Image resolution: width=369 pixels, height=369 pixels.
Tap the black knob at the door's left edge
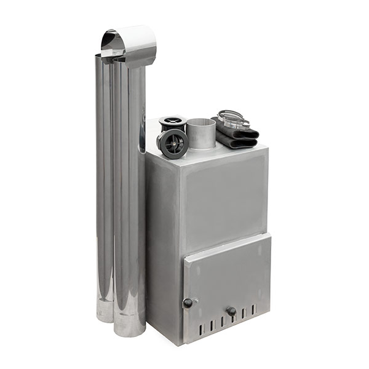pos(188,303)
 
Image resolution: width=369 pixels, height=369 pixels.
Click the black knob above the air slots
pos(231,311)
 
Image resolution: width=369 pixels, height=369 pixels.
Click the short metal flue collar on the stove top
pos(200,133)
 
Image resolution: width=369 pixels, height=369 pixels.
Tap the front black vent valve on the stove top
pos(172,144)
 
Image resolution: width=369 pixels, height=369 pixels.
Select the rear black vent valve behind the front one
pos(172,122)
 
